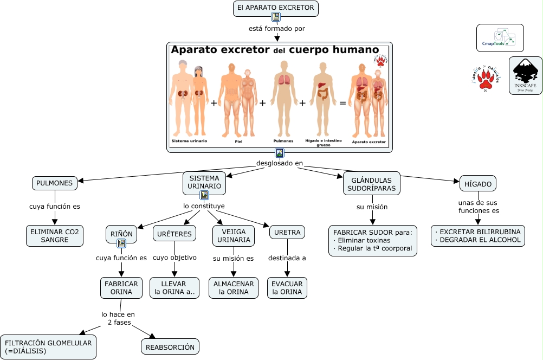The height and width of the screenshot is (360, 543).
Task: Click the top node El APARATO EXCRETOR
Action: tap(275, 8)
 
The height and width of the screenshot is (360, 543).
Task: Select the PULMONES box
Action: tap(54, 183)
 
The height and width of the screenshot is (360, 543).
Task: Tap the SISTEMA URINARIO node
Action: tap(204, 182)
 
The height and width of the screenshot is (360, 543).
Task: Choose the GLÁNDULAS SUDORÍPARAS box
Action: tap(372, 184)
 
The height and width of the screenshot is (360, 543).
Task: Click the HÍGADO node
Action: tap(478, 184)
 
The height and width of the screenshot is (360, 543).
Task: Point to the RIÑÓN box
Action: tap(121, 235)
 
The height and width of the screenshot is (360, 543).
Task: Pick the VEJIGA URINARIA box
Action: tap(234, 235)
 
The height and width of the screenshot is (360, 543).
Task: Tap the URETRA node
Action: tap(287, 232)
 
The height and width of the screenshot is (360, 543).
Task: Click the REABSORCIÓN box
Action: tap(170, 347)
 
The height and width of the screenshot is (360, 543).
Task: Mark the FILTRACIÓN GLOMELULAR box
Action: tap(48, 347)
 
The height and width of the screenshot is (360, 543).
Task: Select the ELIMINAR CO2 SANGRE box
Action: tap(54, 236)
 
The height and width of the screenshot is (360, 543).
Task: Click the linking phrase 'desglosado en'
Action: tap(279, 163)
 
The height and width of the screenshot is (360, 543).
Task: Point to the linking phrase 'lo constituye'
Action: tap(204, 206)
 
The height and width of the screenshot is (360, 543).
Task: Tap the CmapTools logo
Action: tap(500, 38)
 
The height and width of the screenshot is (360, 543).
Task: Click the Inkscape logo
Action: tap(525, 76)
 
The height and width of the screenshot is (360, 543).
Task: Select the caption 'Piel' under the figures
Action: tap(238, 142)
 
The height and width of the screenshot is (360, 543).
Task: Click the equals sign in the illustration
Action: tap(342, 102)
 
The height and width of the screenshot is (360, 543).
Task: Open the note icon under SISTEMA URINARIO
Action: tap(204, 195)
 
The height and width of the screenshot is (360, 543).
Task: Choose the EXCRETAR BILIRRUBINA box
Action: tap(478, 236)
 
